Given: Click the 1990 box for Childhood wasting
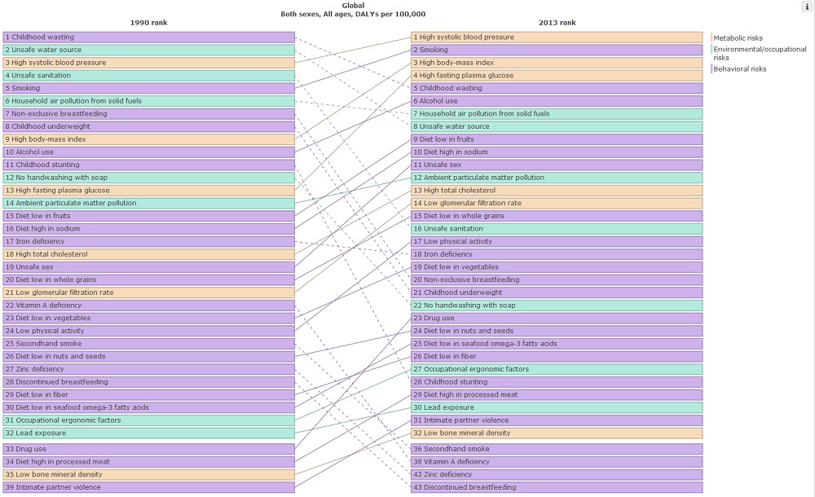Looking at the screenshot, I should click(148, 37).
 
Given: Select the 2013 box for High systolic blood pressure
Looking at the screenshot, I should click(556, 37).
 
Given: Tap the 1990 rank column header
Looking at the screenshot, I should click(148, 23).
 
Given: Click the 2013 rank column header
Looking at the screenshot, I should click(556, 23).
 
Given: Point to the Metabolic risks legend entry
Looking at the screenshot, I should click(738, 38).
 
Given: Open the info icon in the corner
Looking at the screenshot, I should click(807, 7).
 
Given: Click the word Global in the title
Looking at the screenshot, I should click(353, 5).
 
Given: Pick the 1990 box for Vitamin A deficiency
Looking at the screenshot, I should click(148, 306).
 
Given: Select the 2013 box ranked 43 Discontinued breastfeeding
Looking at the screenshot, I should click(556, 487).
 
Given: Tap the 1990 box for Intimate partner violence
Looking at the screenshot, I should click(148, 487).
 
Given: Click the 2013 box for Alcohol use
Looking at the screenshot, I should click(556, 101).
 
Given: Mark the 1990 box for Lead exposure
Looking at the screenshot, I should click(148, 433).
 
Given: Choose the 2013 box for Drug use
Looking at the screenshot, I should click(556, 319).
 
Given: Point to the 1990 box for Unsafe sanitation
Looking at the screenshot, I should click(148, 76).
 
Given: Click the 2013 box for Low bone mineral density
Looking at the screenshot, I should click(556, 433).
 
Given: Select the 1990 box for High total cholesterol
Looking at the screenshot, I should click(148, 254).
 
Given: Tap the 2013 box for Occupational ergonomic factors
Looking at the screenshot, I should click(556, 369).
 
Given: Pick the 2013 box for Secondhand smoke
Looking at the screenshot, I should click(556, 449).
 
